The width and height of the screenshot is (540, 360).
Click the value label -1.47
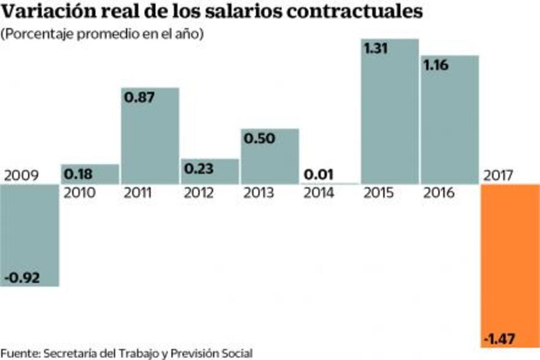tap(500, 338)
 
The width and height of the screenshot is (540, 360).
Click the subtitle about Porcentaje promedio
tap(102, 34)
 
